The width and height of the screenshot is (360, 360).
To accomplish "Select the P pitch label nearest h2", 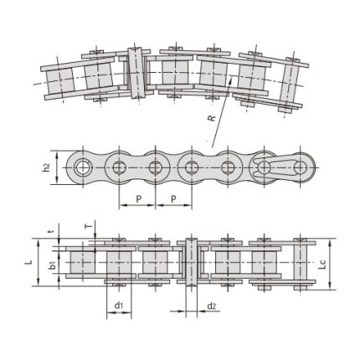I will tap(137, 200).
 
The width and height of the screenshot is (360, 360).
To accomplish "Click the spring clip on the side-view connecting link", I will tap(280, 165).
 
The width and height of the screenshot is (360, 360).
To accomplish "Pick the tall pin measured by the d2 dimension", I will tap(191, 263).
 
